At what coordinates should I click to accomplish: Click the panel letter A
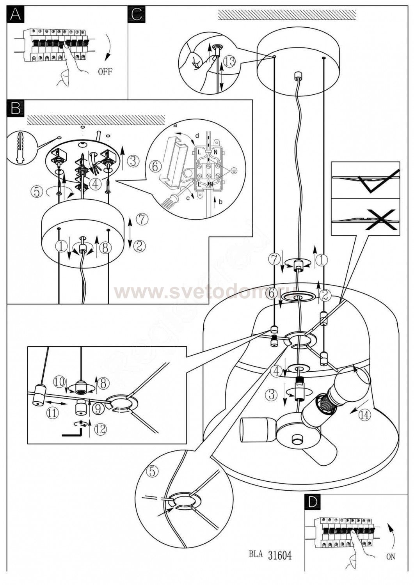[15, 14]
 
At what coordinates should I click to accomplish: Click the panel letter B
[16, 108]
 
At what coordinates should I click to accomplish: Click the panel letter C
[137, 14]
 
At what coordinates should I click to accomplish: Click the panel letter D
[312, 502]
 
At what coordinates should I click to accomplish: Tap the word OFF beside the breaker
[105, 72]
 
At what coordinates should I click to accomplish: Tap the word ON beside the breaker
[390, 557]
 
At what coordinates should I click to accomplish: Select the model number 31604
[280, 555]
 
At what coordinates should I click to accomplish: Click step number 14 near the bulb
[364, 415]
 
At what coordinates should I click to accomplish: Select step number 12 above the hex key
[100, 429]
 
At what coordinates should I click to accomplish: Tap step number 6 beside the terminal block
[155, 167]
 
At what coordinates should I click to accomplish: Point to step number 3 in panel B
[133, 160]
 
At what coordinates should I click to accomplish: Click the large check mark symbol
[378, 181]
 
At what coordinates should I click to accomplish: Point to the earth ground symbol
[233, 170]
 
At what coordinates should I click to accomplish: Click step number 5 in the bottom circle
[152, 472]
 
